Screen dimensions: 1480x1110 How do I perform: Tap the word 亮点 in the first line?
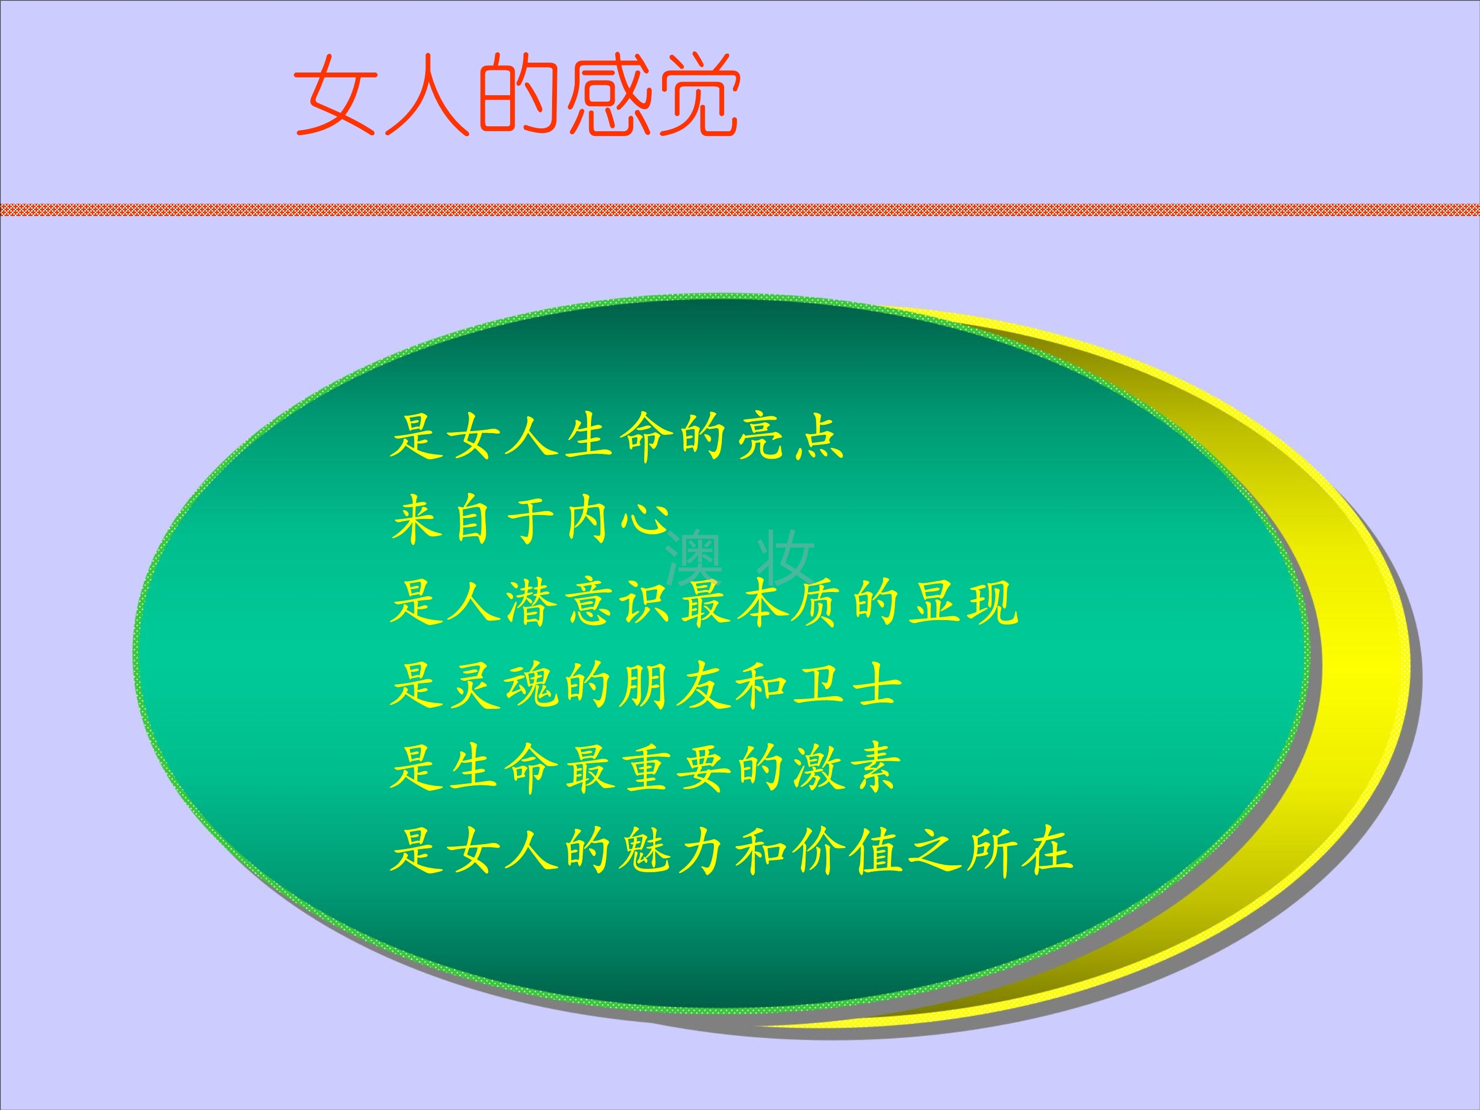click(790, 436)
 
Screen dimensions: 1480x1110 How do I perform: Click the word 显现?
click(964, 602)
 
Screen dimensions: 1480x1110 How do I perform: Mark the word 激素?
click(845, 768)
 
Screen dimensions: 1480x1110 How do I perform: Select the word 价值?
click(849, 851)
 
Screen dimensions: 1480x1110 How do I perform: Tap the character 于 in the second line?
click(532, 519)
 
